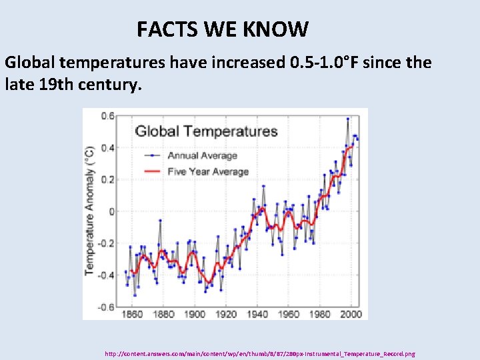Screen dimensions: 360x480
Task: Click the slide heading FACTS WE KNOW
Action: point(223,29)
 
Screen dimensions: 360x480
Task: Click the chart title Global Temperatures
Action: point(206,130)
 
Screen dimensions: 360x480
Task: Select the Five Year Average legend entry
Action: point(207,171)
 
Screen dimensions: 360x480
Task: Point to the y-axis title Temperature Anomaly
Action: point(89,210)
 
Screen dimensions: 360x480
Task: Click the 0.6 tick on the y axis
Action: point(107,115)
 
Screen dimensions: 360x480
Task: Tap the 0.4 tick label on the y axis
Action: point(107,147)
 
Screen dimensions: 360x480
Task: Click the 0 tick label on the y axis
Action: point(112,211)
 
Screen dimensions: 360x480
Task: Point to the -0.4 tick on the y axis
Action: point(106,275)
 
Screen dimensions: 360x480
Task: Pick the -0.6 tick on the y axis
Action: point(106,307)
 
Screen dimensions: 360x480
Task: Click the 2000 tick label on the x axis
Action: point(351,314)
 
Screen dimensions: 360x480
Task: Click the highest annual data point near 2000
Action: point(347,119)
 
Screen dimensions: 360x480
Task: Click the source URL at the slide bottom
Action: point(260,353)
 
